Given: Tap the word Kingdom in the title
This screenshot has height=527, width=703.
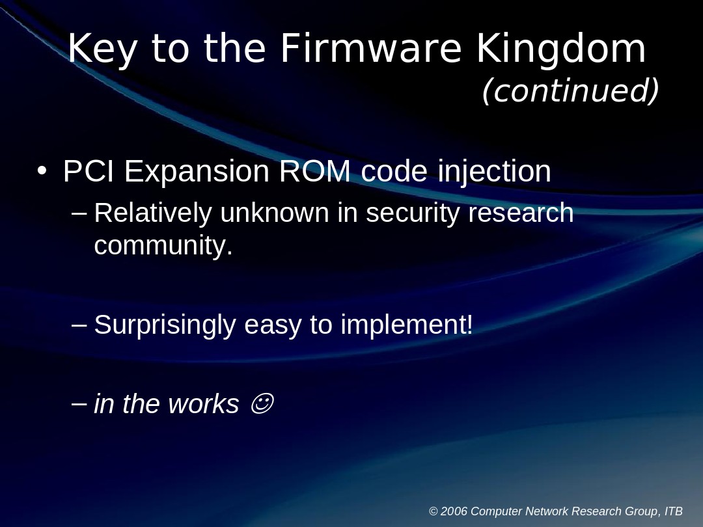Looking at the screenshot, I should (561, 49).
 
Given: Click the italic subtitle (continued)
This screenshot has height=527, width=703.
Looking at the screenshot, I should (570, 90).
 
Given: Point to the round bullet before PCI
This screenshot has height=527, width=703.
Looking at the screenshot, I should (42, 171).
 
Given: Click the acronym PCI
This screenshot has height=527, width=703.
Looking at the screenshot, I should (89, 172).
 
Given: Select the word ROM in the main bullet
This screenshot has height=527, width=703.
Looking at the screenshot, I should (315, 172).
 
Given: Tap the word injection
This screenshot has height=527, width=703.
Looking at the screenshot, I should (495, 172).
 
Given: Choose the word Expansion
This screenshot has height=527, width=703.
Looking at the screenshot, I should (197, 172).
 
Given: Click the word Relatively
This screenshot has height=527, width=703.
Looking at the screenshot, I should (153, 213).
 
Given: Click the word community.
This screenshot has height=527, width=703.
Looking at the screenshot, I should (163, 246).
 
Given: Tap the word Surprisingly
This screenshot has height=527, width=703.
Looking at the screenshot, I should (165, 325).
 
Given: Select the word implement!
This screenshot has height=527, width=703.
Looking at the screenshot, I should (407, 325).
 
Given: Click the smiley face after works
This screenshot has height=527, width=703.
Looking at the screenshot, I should (261, 404).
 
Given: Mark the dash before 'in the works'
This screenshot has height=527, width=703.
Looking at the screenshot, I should (79, 403).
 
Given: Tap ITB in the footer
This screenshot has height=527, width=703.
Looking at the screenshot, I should (674, 511).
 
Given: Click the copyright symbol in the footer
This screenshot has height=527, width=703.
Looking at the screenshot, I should (434, 511).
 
